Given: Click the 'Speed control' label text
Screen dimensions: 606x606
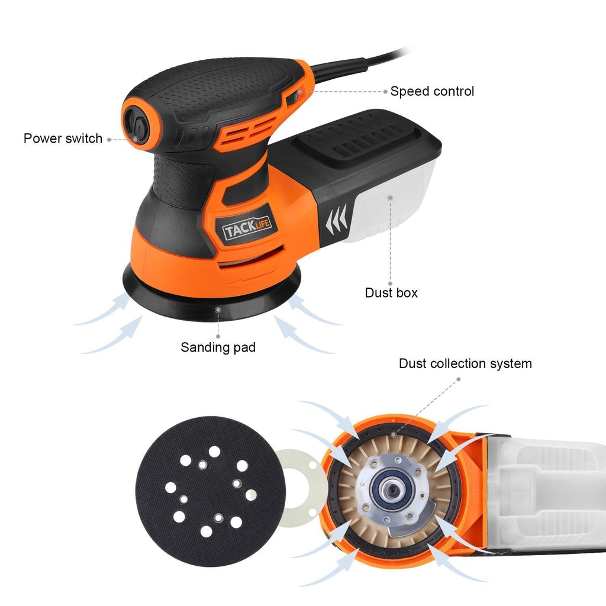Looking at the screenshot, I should click(x=432, y=91).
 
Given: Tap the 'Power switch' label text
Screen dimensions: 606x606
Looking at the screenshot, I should click(x=63, y=138).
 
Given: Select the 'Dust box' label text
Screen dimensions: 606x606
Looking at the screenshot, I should click(x=391, y=292).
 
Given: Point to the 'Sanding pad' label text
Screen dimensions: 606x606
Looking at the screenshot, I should click(x=218, y=347).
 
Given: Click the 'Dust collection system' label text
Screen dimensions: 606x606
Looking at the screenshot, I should click(x=465, y=363).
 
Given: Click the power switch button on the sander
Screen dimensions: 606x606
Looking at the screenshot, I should click(x=137, y=127).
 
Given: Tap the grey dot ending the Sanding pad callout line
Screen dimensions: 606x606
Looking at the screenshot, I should click(x=218, y=309).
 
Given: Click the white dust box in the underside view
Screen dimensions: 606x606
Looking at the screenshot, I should click(x=544, y=491).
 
